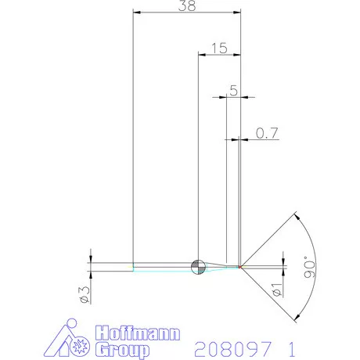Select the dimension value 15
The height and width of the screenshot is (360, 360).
click(219, 49)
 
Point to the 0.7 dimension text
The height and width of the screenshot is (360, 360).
click(268, 134)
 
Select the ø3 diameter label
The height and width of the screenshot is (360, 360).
click(81, 294)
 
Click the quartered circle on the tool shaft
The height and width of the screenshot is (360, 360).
click(198, 266)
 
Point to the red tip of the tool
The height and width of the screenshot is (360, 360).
click(240, 266)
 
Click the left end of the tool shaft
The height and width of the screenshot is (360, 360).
click(134, 266)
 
